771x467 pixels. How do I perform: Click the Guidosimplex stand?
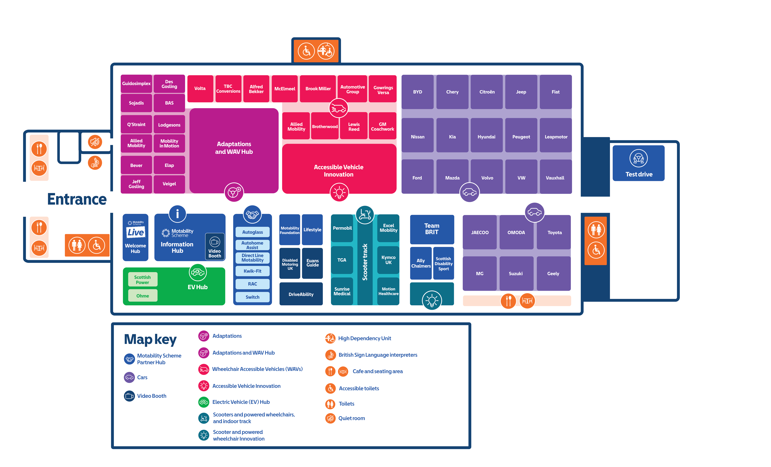click(136, 84)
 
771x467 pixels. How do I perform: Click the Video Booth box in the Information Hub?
click(215, 246)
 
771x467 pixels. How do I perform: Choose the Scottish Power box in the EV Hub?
click(143, 280)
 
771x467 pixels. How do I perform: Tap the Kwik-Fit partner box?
click(253, 271)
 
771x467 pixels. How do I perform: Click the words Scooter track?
click(365, 262)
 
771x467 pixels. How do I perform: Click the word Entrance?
click(77, 199)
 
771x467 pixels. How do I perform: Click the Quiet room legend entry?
click(345, 418)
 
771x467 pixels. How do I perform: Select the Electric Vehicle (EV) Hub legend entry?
click(234, 402)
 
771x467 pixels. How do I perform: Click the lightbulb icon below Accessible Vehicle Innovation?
click(339, 192)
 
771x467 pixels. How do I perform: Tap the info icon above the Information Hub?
click(177, 214)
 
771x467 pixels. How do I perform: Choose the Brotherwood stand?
click(325, 126)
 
